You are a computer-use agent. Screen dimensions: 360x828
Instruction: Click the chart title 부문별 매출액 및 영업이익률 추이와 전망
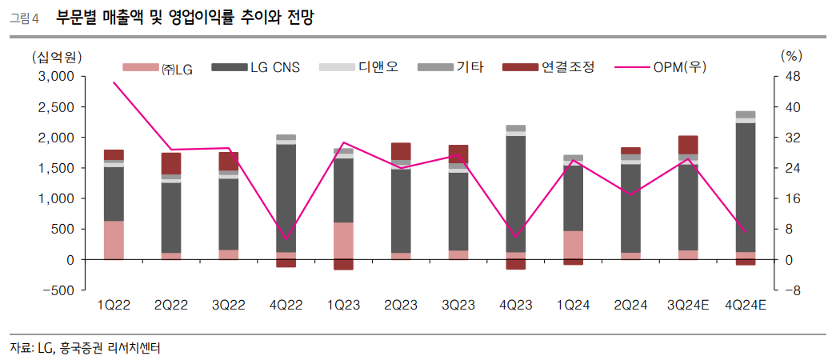pyautogui.click(x=185, y=18)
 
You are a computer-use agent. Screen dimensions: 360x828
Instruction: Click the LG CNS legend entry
pyautogui.click(x=256, y=68)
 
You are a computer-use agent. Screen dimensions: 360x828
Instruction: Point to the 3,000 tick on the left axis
pyautogui.click(x=57, y=77)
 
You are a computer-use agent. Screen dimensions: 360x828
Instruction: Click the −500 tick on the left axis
pyautogui.click(x=58, y=290)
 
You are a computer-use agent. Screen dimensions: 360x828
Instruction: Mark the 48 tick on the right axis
pyautogui.click(x=791, y=77)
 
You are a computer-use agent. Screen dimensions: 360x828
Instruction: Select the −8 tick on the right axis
pyautogui.click(x=791, y=290)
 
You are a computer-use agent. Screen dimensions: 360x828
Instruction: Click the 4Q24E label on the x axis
pyautogui.click(x=745, y=305)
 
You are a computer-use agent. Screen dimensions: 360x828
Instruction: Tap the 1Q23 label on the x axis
pyautogui.click(x=343, y=305)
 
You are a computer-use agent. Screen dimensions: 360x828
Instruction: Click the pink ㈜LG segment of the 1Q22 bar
pyautogui.click(x=114, y=240)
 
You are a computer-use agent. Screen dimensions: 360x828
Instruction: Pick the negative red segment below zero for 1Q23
pyautogui.click(x=343, y=264)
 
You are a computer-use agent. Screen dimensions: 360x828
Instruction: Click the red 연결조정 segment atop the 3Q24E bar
pyautogui.click(x=687, y=145)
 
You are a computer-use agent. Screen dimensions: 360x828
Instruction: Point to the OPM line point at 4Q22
pyautogui.click(x=286, y=239)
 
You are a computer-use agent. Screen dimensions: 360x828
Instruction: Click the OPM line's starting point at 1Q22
pyautogui.click(x=114, y=82)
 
